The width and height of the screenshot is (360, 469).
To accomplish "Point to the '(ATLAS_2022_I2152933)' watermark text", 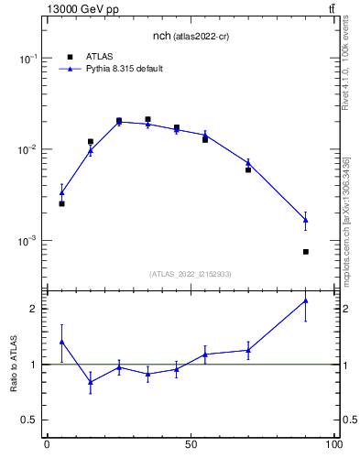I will (x=191, y=274).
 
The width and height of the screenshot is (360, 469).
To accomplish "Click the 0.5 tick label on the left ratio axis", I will (x=28, y=420).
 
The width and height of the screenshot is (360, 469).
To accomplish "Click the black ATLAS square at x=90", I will (x=306, y=251).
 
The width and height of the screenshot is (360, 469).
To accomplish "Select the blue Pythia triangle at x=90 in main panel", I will (x=306, y=220).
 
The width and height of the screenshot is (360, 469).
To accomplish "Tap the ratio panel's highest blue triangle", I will (x=306, y=300).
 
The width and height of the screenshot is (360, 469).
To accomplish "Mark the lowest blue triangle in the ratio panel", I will (x=90, y=382).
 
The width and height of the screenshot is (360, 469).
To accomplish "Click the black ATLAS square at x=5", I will (x=61, y=203).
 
